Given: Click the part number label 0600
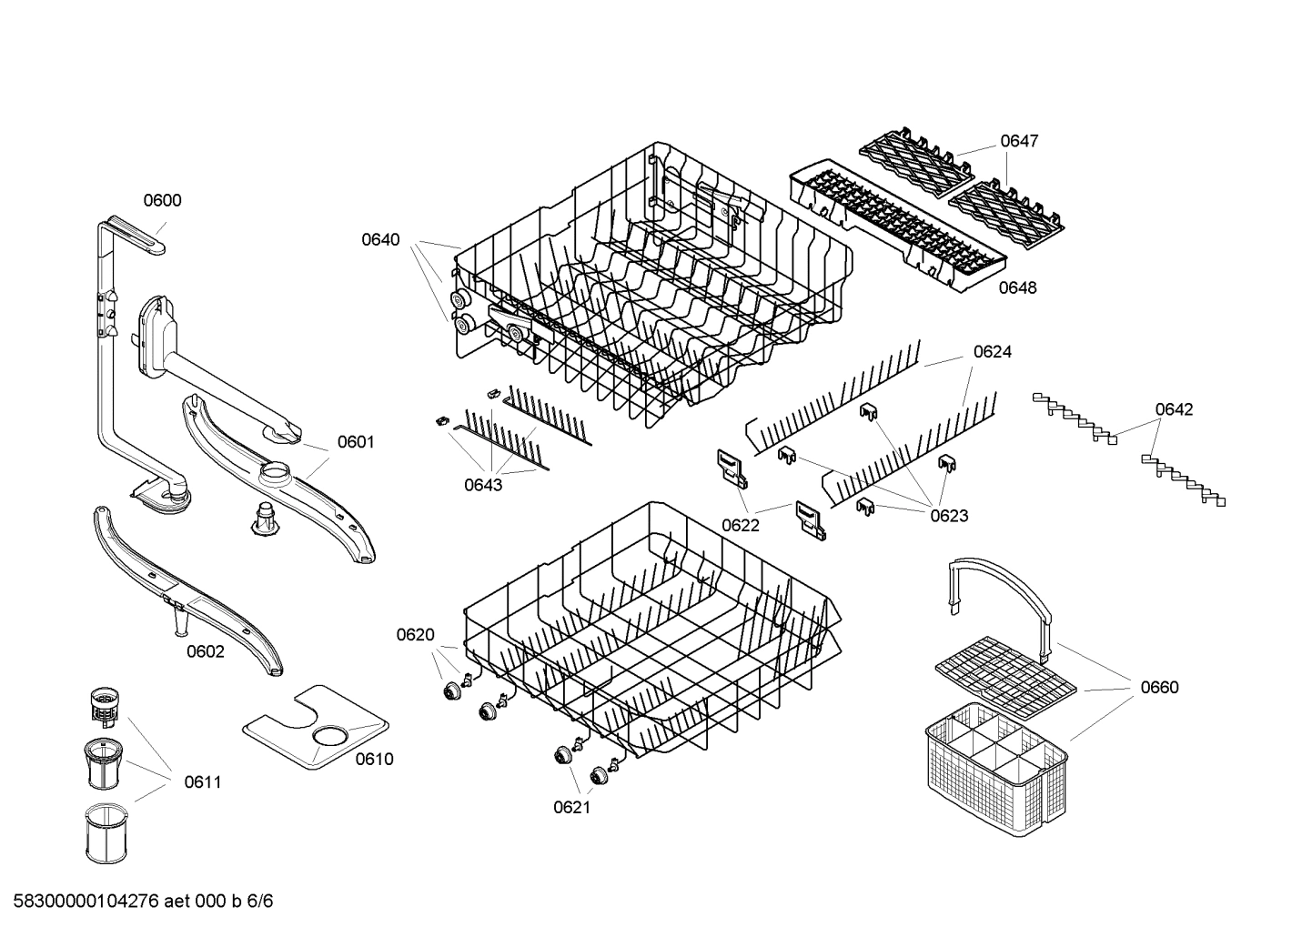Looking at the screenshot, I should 162,201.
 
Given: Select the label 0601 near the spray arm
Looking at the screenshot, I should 356,442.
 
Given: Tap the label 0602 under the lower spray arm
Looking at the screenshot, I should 206,651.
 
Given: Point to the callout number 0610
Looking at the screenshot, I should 374,759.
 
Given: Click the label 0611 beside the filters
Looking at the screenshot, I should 202,781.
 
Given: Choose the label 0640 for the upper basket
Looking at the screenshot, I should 380,240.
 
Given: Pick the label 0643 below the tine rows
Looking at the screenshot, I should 483,485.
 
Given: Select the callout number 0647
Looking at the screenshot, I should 1019,141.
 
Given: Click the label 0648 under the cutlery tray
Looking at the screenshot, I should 1017,287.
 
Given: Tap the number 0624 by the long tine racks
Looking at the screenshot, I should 992,351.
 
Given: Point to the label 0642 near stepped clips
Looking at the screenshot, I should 1174,409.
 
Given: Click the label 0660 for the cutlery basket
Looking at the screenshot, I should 1159,687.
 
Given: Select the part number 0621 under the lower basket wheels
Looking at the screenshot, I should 572,807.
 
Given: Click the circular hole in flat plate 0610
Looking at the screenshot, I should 329,735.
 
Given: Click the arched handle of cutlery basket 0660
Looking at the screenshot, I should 1001,582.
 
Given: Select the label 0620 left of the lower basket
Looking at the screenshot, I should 415,635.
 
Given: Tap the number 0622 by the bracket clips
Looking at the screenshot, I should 741,525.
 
